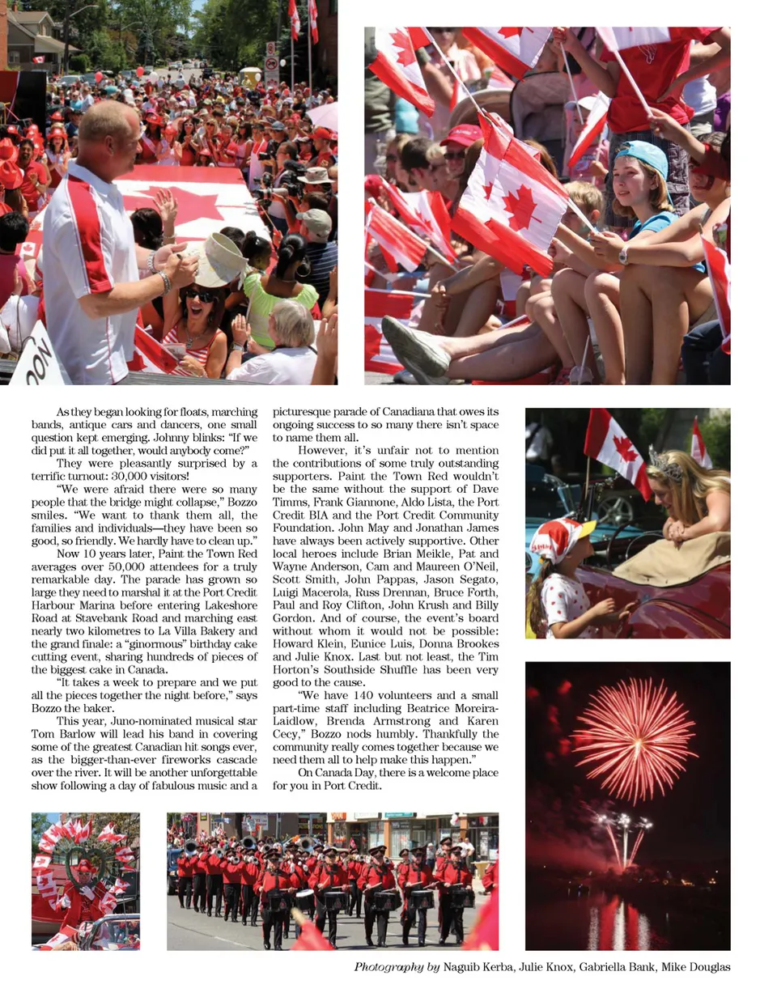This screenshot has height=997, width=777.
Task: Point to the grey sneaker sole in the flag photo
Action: pos(414,346)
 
